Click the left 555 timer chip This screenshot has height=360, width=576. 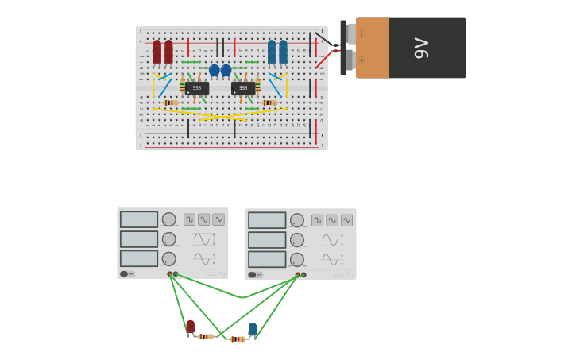tap(196, 88)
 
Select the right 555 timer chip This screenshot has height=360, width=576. tap(243, 88)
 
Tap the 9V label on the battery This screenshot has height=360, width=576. tap(421, 48)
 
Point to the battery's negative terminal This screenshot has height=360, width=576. tap(350, 33)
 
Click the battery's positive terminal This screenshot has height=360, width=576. tap(350, 60)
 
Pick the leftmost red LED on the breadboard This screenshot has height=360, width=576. tap(157, 52)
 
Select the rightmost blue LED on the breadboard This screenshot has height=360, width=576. tap(283, 52)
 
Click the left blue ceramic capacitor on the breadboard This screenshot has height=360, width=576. tap(215, 71)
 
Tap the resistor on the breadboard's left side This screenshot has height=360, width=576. tap(169, 103)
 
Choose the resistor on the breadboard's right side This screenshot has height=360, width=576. tap(268, 103)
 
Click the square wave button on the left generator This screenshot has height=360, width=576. tap(189, 219)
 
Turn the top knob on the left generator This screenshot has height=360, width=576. tap(169, 219)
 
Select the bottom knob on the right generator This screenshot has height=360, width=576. tap(297, 259)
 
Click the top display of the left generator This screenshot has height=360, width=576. tap(139, 219)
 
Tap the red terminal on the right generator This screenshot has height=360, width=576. tap(298, 275)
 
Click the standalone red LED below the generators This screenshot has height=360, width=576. tap(190, 327)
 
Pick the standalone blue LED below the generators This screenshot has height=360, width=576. tap(253, 329)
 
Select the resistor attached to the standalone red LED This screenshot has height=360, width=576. tap(206, 337)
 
